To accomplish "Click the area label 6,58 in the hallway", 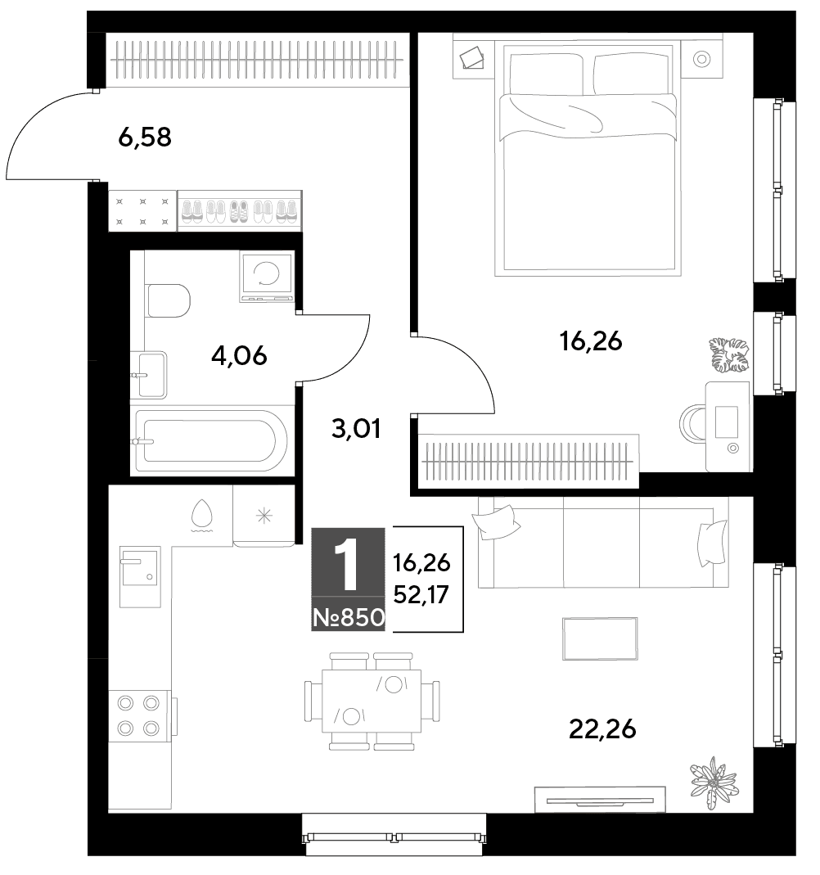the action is click(x=145, y=138).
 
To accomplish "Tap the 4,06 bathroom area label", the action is click(x=239, y=355).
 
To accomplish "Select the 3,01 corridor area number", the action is click(x=356, y=429).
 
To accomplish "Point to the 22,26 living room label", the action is click(x=602, y=729).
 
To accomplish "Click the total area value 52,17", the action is click(x=421, y=595).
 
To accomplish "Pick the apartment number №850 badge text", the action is click(x=349, y=618).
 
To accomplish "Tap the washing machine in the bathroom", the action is click(x=267, y=276).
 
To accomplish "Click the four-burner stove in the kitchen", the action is click(x=139, y=715).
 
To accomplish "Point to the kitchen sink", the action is click(x=140, y=576).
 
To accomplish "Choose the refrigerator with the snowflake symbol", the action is click(x=264, y=516).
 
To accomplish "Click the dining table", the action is click(x=372, y=701).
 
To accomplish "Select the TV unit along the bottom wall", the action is click(x=600, y=799).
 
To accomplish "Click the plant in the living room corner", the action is click(x=714, y=783).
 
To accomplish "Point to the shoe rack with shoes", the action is click(x=240, y=211).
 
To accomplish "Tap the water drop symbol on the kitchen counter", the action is click(x=202, y=514).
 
